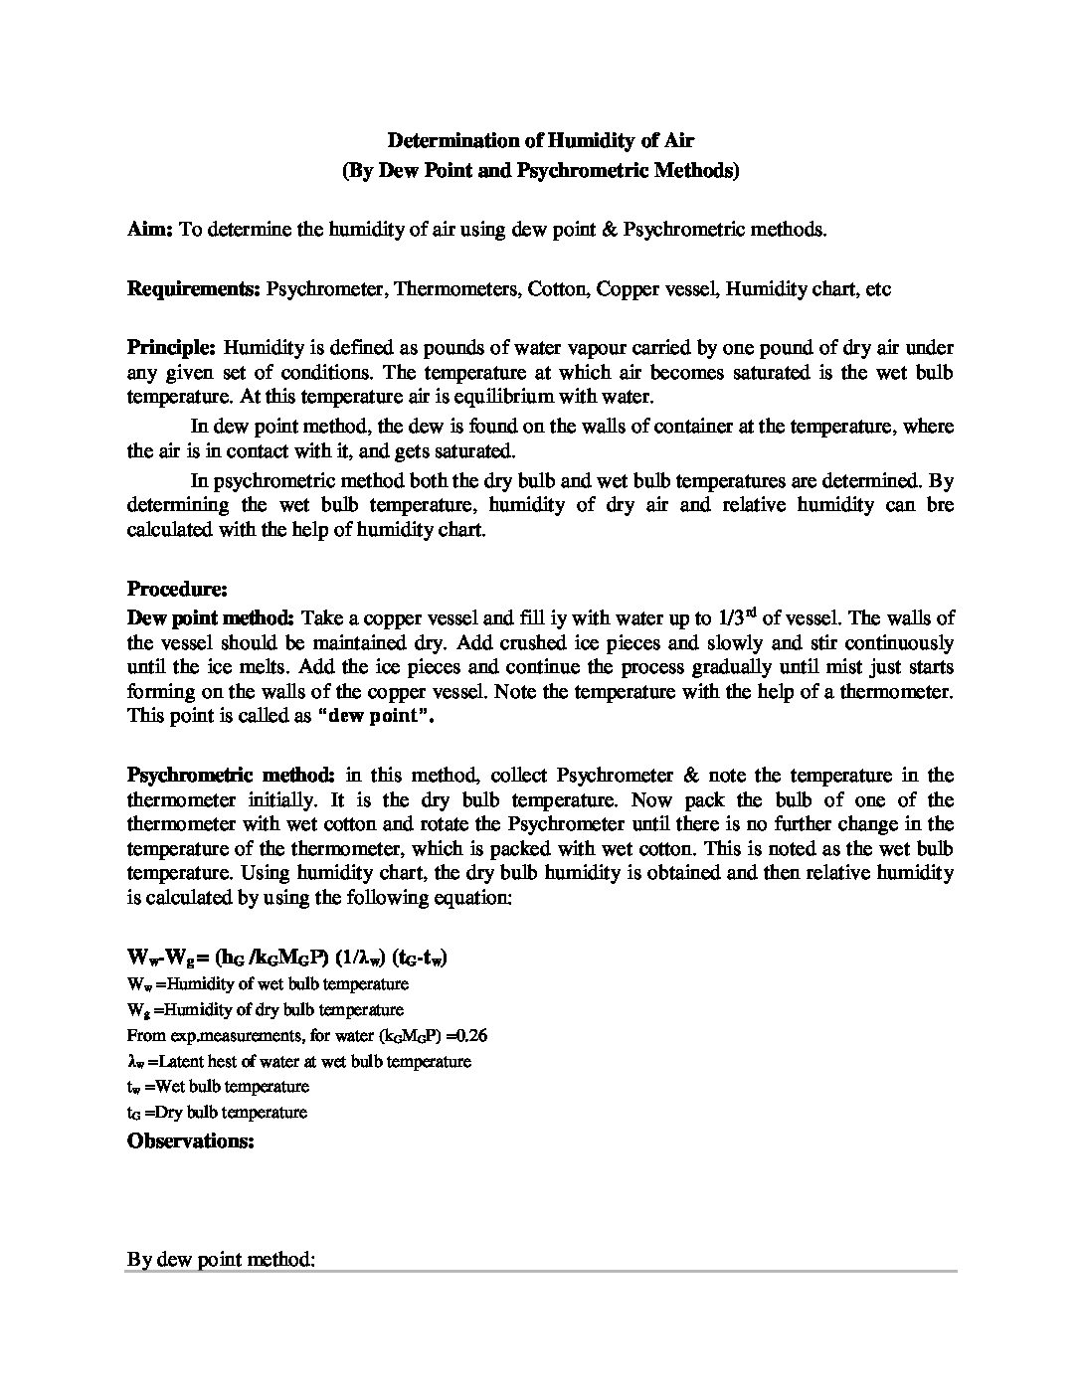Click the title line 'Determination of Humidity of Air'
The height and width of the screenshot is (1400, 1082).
click(x=540, y=141)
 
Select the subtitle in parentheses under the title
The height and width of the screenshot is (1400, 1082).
click(x=540, y=170)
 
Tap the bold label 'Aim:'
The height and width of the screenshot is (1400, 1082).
click(x=150, y=230)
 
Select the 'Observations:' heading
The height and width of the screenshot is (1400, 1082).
click(x=191, y=1140)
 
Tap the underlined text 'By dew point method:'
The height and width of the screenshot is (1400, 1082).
click(x=221, y=1260)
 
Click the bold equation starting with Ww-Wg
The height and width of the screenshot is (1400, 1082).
click(x=286, y=959)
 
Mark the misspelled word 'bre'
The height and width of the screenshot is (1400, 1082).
click(x=941, y=504)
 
